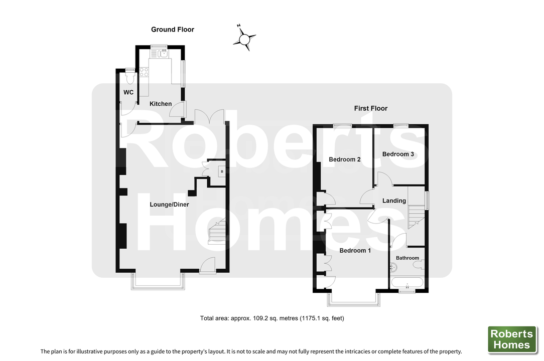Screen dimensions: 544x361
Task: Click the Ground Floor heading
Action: [x=173, y=30]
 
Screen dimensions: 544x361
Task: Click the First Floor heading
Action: [x=370, y=108]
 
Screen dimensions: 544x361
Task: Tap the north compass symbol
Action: [x=244, y=38]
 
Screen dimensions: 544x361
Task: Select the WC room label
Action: [x=128, y=92]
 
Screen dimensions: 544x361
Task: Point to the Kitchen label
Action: [x=161, y=104]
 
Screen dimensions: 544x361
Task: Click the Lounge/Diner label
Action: [x=169, y=204]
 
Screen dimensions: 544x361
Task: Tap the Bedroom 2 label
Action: [x=344, y=159]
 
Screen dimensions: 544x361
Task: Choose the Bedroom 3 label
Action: [x=398, y=154]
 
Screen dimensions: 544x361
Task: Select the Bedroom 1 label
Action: [x=355, y=250]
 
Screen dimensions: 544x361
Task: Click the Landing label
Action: [x=394, y=201]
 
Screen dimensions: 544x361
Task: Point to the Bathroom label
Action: [x=407, y=258]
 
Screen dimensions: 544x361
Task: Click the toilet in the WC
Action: [x=130, y=78]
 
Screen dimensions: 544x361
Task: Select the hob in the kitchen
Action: [x=144, y=72]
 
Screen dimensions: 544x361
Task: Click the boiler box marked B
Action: [x=222, y=171]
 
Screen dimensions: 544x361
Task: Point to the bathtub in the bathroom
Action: [x=407, y=282]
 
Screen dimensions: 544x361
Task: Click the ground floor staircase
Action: [x=217, y=231]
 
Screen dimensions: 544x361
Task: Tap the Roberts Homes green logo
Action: [x=512, y=339]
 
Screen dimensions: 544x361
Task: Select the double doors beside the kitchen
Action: [x=209, y=116]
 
